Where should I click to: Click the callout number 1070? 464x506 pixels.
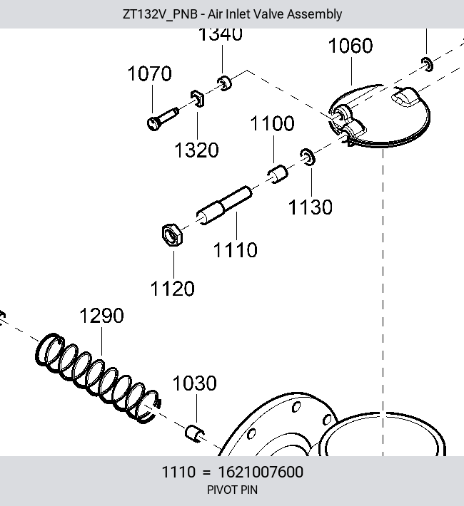point(150,73)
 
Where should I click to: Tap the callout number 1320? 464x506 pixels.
point(196,150)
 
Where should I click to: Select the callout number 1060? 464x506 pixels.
point(350,46)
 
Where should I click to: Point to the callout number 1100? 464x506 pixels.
point(272,123)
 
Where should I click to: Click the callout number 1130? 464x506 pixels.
point(310,207)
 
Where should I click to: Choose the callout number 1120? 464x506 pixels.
point(173,289)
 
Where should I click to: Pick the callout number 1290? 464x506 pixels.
point(101,316)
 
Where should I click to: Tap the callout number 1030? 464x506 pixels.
point(195,383)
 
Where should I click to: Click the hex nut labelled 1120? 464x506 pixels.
point(172,234)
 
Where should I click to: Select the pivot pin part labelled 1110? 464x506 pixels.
point(224,205)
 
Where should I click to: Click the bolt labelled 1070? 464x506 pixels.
point(162,119)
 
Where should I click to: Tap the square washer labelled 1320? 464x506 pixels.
point(197,98)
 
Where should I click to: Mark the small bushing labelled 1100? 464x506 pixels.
point(278,174)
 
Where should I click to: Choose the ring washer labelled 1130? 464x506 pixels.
point(308,157)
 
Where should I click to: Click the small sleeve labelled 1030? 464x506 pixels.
point(195,433)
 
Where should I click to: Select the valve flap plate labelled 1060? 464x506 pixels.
point(380,115)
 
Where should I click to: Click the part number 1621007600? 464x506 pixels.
point(261,472)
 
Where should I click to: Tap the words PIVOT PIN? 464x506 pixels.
point(232,490)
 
